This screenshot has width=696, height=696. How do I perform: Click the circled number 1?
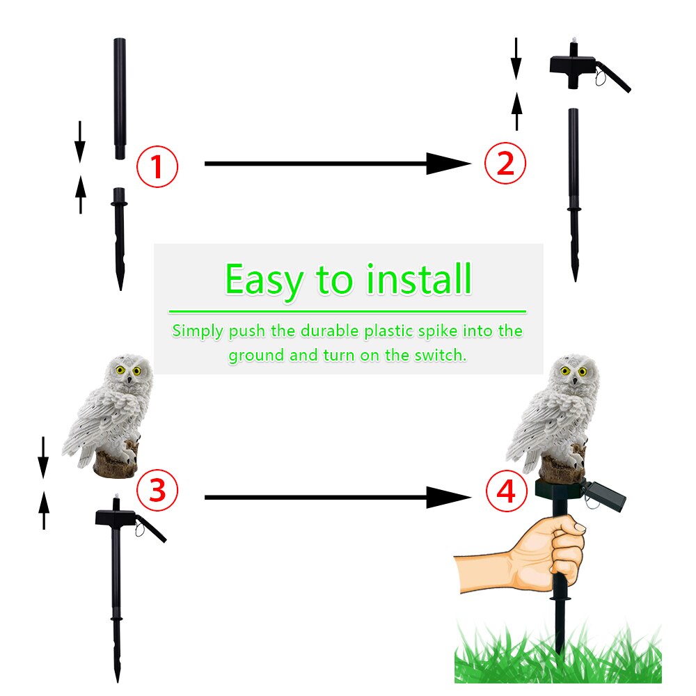pyautogui.click(x=157, y=166)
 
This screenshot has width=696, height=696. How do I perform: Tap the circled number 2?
pyautogui.click(x=505, y=164)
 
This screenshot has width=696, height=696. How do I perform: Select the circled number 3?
pyautogui.click(x=157, y=490)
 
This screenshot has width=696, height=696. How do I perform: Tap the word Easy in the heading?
pyautogui.click(x=264, y=280)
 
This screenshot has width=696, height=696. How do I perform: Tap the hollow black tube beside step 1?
pyautogui.click(x=120, y=97)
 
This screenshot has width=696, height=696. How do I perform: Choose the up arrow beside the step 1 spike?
pyautogui.click(x=81, y=193)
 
